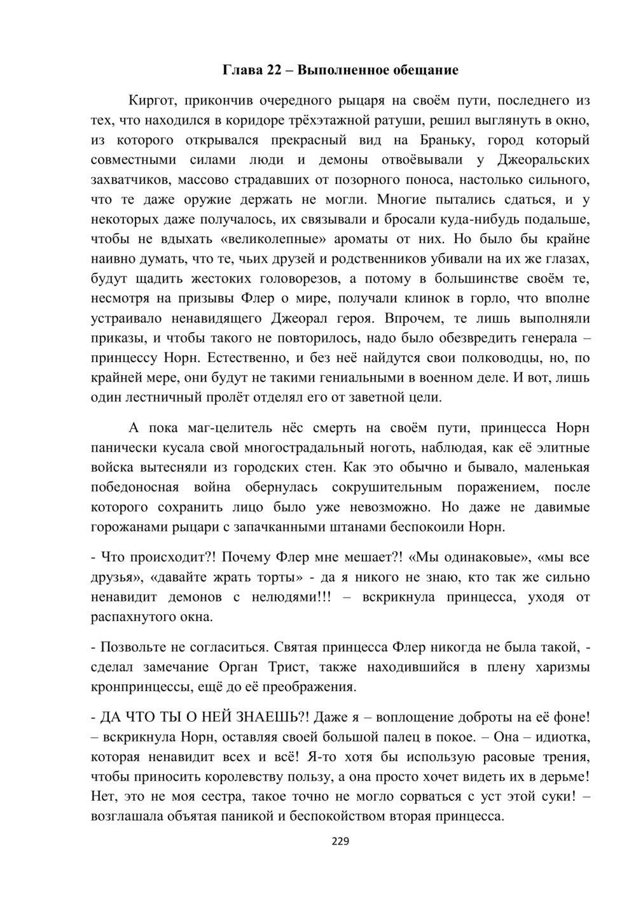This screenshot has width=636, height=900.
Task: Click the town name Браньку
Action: pos(446,139)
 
